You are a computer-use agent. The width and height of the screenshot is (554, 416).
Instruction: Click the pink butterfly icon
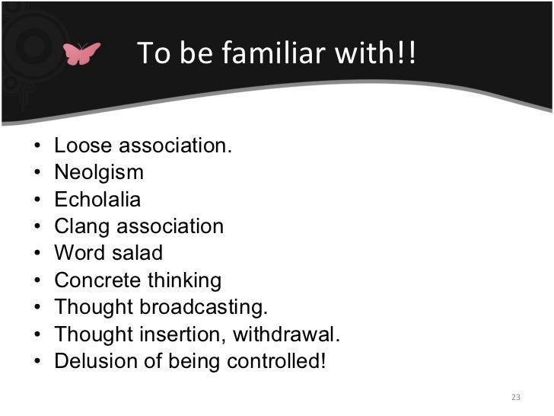point(82,54)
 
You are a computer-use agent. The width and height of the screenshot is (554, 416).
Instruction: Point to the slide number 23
point(515,397)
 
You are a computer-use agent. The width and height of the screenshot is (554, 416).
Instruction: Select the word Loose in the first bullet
point(80,145)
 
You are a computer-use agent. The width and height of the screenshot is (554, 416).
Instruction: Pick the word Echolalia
point(97,200)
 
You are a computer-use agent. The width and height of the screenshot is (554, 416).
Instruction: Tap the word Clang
point(81,226)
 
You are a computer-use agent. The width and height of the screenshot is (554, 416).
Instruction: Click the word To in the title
point(151,53)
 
